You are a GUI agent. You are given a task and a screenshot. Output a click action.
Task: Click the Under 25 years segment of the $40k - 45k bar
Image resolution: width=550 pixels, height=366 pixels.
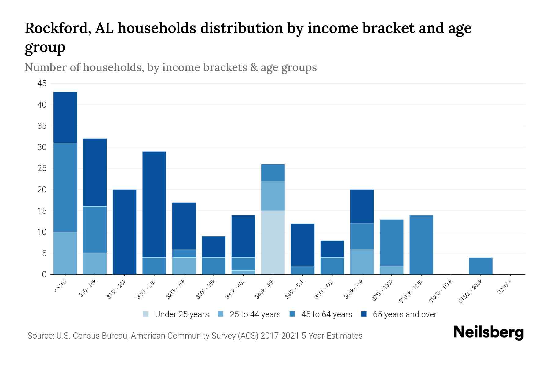tap(273, 242)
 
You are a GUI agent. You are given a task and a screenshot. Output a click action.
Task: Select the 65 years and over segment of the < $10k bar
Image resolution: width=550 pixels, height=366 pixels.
tap(65, 117)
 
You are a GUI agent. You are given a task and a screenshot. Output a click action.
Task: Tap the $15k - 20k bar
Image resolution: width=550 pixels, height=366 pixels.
tap(124, 232)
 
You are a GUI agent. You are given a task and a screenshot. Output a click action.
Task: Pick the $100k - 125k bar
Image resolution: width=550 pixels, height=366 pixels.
tap(421, 245)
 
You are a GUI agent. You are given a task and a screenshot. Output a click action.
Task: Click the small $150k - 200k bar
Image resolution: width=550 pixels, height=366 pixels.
tap(480, 266)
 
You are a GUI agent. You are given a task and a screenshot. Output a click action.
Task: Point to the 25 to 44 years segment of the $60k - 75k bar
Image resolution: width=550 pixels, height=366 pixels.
tap(362, 262)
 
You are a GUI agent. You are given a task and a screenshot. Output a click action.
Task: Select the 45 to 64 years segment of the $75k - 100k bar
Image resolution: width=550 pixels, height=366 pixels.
tap(391, 242)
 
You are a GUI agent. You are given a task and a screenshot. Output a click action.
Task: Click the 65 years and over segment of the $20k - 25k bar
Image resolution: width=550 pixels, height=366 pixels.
tap(154, 204)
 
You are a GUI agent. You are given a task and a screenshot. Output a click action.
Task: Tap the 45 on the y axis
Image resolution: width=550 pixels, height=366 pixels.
tap(42, 84)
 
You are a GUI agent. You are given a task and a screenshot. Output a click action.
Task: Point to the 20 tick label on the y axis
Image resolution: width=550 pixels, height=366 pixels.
tap(42, 190)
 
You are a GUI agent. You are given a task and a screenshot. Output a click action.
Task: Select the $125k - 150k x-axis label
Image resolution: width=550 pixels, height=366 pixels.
tap(441, 292)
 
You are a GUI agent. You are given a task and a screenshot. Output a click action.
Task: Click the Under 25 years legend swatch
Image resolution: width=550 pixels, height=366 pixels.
tap(146, 314)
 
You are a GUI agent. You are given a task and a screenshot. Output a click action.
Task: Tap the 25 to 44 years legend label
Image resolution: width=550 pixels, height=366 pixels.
tap(255, 314)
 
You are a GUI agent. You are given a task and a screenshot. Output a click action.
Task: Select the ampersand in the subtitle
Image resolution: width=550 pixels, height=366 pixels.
tap(253, 67)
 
